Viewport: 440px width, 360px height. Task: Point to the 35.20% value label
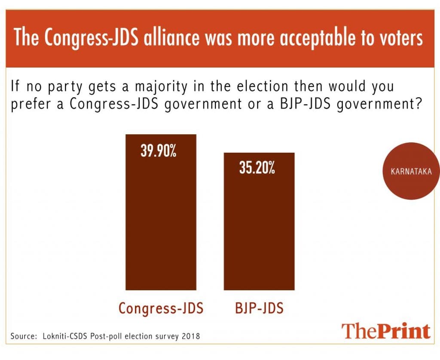257,168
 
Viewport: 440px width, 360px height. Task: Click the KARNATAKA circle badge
411,171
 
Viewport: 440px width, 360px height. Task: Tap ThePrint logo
385,331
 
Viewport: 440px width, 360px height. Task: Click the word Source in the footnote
22,336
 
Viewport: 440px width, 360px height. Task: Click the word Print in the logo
404,331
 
